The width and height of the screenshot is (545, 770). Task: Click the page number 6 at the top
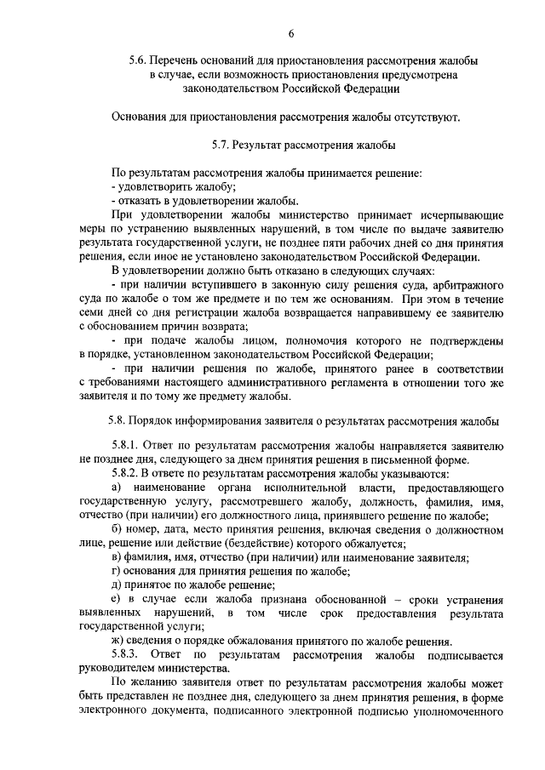(x=291, y=33)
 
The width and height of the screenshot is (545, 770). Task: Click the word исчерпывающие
(x=461, y=214)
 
